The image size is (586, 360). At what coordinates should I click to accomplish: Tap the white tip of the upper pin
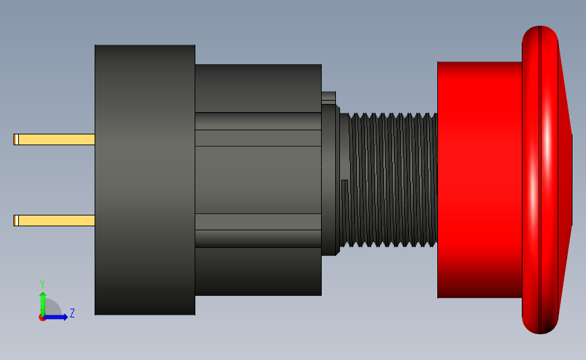[16, 139]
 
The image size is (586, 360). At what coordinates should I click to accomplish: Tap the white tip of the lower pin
[16, 220]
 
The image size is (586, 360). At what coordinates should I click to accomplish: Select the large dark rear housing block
[145, 180]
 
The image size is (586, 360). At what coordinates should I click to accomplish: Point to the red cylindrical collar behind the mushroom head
[479, 180]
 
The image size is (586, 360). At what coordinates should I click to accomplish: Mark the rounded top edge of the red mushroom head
[541, 32]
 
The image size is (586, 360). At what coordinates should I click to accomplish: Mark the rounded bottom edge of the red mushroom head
[541, 327]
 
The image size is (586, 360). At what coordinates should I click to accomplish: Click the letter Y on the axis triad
[42, 284]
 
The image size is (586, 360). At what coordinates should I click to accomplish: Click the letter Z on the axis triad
[72, 313]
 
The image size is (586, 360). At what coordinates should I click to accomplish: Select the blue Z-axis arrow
[58, 317]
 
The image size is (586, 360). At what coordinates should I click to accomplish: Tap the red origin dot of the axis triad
[43, 317]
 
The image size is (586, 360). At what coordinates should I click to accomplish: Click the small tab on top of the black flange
[328, 97]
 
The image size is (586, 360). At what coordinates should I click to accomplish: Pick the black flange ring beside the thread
[330, 180]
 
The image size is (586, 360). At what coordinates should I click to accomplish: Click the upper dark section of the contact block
[258, 88]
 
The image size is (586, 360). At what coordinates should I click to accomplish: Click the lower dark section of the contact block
[258, 271]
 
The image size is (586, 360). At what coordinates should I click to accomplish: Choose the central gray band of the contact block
[258, 180]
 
